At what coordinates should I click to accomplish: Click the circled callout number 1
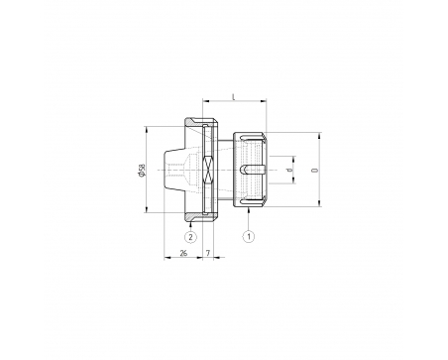(x=249, y=236)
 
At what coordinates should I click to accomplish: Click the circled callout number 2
(x=190, y=236)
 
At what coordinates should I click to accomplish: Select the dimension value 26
(x=183, y=253)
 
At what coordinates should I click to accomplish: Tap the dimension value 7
(x=208, y=253)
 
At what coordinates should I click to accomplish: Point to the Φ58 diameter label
(x=142, y=170)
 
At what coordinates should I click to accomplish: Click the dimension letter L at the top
(x=234, y=97)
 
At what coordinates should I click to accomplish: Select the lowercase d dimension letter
(x=290, y=170)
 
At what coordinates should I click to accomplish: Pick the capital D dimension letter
(x=315, y=170)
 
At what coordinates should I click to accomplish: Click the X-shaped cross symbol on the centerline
(x=208, y=170)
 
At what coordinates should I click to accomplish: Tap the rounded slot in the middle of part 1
(x=252, y=170)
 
